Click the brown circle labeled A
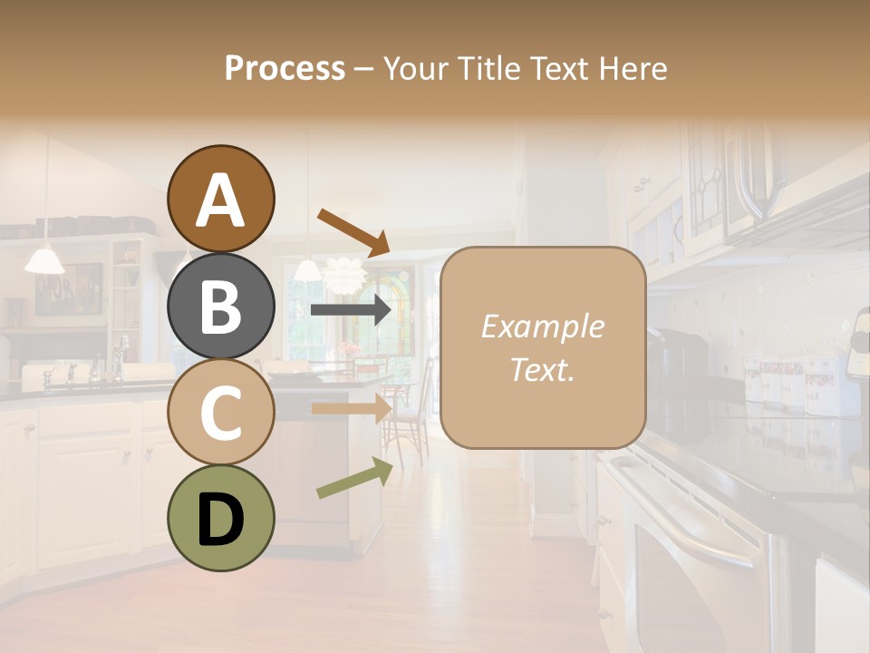[221, 199]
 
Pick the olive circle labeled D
[221, 518]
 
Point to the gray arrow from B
[351, 310]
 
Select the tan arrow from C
[351, 409]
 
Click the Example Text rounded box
[543, 347]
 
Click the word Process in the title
[285, 68]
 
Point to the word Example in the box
[542, 326]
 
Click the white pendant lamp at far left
[44, 260]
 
